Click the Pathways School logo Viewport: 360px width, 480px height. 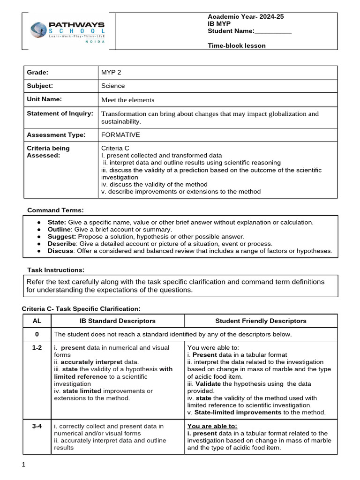click(x=67, y=31)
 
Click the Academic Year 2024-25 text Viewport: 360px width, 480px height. click(x=246, y=16)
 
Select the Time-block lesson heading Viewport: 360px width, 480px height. click(x=236, y=45)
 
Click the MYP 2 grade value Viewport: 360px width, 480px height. click(x=111, y=72)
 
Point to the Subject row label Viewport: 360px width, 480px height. click(x=40, y=86)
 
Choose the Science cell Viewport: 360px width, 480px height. click(x=113, y=86)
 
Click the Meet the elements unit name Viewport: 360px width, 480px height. click(x=127, y=100)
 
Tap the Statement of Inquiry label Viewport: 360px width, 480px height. click(x=60, y=113)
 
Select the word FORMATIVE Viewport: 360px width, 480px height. click(x=120, y=135)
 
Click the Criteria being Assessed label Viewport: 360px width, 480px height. click(x=48, y=152)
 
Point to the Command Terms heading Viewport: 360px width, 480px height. click(x=55, y=210)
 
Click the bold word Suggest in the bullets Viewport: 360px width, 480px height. click(x=60, y=237)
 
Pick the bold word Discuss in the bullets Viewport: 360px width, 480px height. click(x=60, y=251)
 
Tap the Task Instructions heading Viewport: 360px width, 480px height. click(x=56, y=270)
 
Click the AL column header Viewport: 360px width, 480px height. click(x=37, y=321)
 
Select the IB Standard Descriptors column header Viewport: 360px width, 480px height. click(x=117, y=321)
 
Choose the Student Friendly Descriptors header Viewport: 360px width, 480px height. click(x=261, y=321)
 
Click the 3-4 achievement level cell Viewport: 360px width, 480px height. click(x=37, y=426)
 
